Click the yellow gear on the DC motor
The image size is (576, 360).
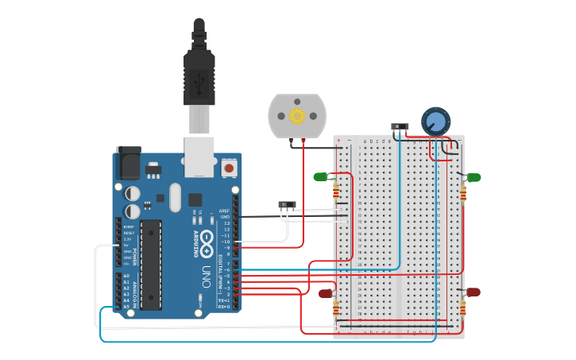point(297,117)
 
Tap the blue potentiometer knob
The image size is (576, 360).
point(435,121)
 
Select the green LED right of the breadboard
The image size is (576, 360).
point(473,177)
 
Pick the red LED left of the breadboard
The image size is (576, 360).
point(326,293)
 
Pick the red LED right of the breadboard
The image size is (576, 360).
point(473,292)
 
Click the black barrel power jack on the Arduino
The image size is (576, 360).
point(128,163)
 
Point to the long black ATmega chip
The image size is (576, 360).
point(151,265)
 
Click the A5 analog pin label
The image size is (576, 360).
point(126,307)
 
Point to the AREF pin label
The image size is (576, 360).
point(225,211)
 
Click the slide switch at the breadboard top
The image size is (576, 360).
point(400,126)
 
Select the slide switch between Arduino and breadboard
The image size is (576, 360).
point(287,205)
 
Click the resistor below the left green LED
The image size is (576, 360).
point(336,191)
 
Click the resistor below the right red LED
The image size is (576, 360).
point(463,308)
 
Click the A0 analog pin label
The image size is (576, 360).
point(126,276)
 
